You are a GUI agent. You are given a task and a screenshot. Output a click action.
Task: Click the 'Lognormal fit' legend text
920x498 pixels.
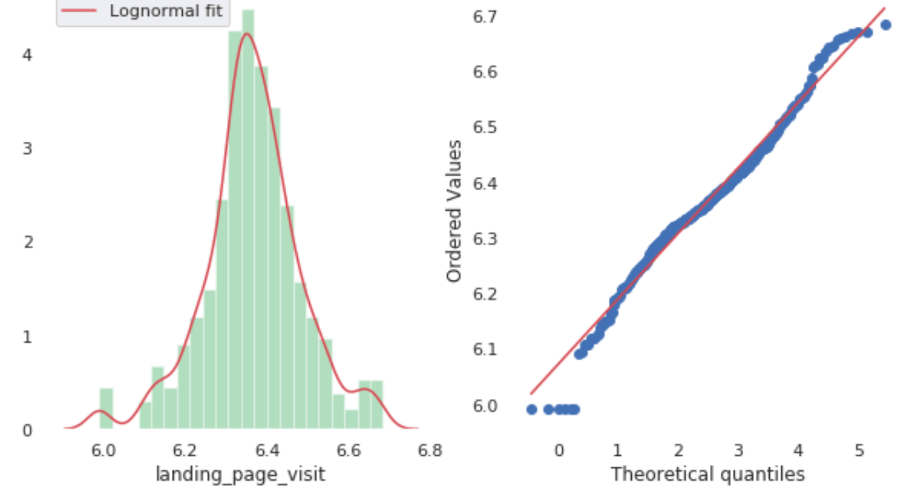[168, 11]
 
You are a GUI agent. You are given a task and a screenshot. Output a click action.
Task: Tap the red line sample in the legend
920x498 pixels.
[78, 11]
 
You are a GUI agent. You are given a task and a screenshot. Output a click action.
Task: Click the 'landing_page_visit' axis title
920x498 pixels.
[240, 474]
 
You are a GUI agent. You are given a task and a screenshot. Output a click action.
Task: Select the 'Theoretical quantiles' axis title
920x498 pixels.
[707, 474]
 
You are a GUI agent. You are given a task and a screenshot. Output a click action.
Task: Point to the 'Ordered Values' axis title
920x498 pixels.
[454, 211]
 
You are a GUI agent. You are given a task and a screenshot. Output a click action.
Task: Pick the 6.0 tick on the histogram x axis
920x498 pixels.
[103, 451]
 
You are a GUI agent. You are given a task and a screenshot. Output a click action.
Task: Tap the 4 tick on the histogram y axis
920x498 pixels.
[27, 54]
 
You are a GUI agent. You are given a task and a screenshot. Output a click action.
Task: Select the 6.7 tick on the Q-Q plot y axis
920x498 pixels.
[486, 17]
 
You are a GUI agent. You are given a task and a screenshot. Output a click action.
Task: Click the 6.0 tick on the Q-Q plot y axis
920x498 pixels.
[486, 406]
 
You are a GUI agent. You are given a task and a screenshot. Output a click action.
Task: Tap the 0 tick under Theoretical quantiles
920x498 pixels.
[559, 451]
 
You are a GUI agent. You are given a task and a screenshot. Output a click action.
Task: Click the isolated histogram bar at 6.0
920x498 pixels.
[106, 409]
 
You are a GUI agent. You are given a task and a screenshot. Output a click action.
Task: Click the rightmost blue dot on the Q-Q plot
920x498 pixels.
[885, 25]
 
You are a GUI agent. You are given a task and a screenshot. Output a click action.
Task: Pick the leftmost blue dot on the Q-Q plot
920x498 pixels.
[532, 409]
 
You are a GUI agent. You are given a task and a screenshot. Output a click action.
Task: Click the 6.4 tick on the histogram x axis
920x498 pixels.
[266, 451]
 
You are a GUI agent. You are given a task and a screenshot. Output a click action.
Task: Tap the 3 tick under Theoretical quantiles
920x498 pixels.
[738, 451]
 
